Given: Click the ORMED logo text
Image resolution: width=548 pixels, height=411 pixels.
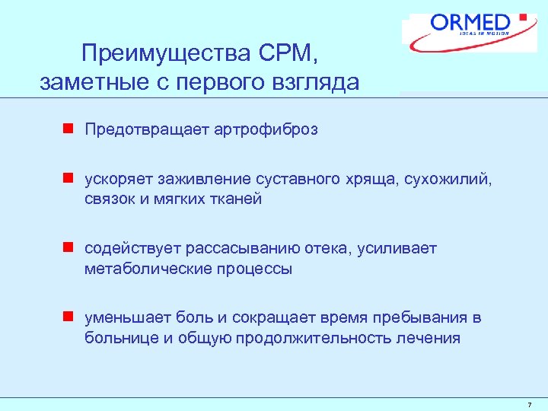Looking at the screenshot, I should coord(470,22).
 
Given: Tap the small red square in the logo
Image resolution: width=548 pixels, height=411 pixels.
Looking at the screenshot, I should coord(522,16).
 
